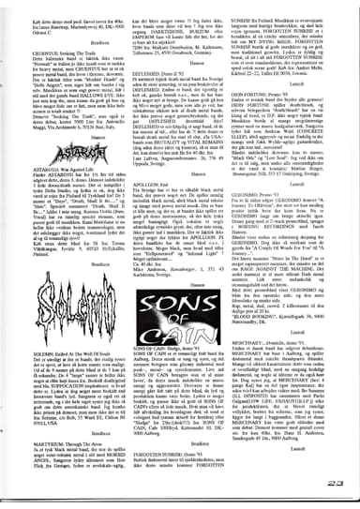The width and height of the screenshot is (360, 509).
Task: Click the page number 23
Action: coord(337,485)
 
